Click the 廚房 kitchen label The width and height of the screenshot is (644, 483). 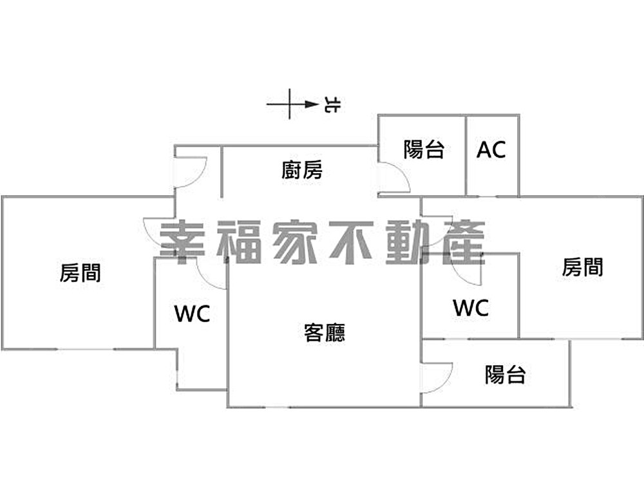coord(302,170)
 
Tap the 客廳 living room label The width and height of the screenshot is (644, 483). coord(324,332)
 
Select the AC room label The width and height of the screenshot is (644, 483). coord(491,150)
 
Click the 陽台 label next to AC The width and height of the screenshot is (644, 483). coord(424,150)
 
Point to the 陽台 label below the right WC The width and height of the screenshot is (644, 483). coord(505,374)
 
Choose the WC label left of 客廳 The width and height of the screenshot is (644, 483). coord(192,314)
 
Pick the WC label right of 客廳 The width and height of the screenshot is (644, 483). coord(471,308)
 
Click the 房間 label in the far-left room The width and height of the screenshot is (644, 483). coord(80,272)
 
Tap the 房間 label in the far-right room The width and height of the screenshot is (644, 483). coord(582,267)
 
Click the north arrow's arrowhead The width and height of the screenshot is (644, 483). coord(312,104)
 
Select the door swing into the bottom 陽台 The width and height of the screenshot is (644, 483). coord(435,377)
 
